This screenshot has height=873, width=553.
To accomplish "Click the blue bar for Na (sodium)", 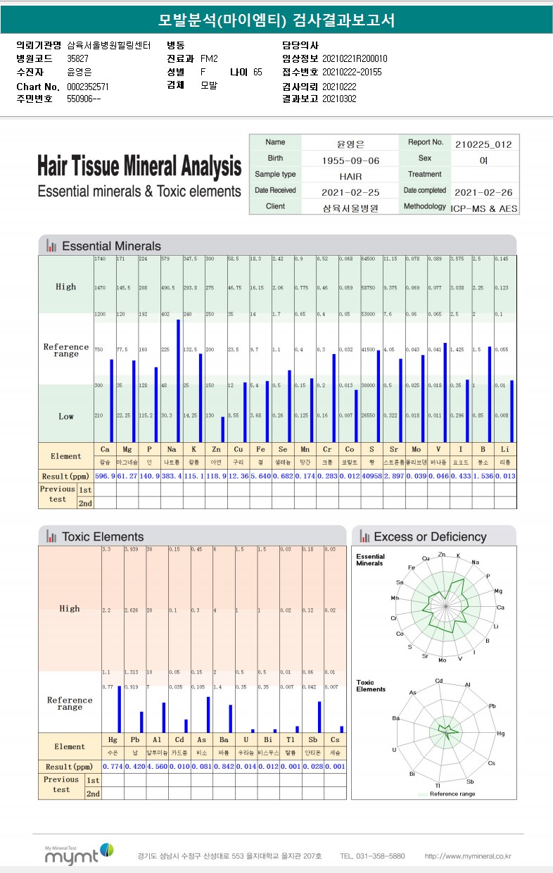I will [x=178, y=380].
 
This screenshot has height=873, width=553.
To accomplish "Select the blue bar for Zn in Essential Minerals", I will [x=222, y=429].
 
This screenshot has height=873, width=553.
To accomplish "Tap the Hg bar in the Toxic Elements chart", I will [x=119, y=709].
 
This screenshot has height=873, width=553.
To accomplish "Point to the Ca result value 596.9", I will [x=105, y=477].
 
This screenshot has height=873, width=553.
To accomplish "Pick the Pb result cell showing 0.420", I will [x=134, y=766].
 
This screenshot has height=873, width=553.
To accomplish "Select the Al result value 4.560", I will [x=157, y=766].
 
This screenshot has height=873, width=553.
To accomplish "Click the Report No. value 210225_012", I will [x=483, y=144].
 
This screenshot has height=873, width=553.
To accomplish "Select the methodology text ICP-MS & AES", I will [x=483, y=209].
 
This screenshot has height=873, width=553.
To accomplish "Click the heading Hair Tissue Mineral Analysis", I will [x=139, y=167].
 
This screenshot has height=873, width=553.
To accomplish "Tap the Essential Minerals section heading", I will [x=111, y=246].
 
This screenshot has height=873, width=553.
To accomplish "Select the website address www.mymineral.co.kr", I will [x=468, y=856].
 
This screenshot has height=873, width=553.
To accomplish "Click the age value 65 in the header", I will [x=258, y=72].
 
